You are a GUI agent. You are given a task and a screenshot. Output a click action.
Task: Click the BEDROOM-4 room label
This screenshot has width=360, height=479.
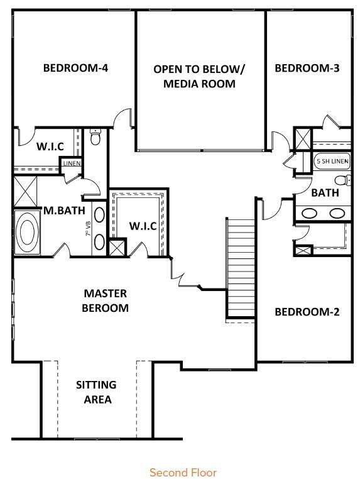[x=75, y=68]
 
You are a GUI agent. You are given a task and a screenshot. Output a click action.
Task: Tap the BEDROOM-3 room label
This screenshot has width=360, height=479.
[x=307, y=68]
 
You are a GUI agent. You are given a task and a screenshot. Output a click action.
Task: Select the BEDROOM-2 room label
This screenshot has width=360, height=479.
[x=307, y=312]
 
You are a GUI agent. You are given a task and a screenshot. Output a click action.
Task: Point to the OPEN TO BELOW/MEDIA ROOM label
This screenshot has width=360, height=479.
[x=199, y=76]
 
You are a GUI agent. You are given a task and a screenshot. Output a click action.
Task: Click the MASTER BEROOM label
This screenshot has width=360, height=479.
[x=105, y=300]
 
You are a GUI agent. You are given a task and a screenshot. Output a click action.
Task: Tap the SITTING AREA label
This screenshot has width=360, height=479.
[x=97, y=392]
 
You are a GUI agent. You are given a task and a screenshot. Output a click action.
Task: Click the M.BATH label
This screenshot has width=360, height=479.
[x=65, y=210]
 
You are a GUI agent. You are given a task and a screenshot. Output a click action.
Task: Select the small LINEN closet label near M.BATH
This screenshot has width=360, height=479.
[x=72, y=163]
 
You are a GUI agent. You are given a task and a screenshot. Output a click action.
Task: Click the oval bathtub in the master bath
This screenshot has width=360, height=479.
[x=27, y=232]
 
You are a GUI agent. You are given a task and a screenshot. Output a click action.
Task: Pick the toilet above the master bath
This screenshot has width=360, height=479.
[x=95, y=136]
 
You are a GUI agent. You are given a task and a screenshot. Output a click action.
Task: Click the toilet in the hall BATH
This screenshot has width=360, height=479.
[x=342, y=180]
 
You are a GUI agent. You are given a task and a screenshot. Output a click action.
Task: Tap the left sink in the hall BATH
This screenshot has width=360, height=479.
[x=309, y=213]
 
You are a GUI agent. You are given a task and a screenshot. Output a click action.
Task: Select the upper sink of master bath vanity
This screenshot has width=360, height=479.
[x=99, y=214]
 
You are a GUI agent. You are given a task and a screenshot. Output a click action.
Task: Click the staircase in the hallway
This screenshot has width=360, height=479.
[x=240, y=267]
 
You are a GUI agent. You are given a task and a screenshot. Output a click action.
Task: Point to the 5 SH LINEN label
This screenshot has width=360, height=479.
[x=332, y=162]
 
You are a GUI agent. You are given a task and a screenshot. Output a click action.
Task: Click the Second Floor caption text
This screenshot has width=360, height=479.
[x=183, y=472]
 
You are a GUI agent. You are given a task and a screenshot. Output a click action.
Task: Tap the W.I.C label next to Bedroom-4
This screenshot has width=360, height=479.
[x=50, y=146]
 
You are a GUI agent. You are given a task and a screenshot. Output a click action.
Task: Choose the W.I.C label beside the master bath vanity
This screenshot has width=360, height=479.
[x=143, y=226]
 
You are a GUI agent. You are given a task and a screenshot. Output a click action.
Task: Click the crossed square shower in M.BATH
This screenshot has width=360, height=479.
[x=26, y=192]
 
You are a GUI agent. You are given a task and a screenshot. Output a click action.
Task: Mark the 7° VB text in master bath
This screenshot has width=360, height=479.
[x=89, y=229]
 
